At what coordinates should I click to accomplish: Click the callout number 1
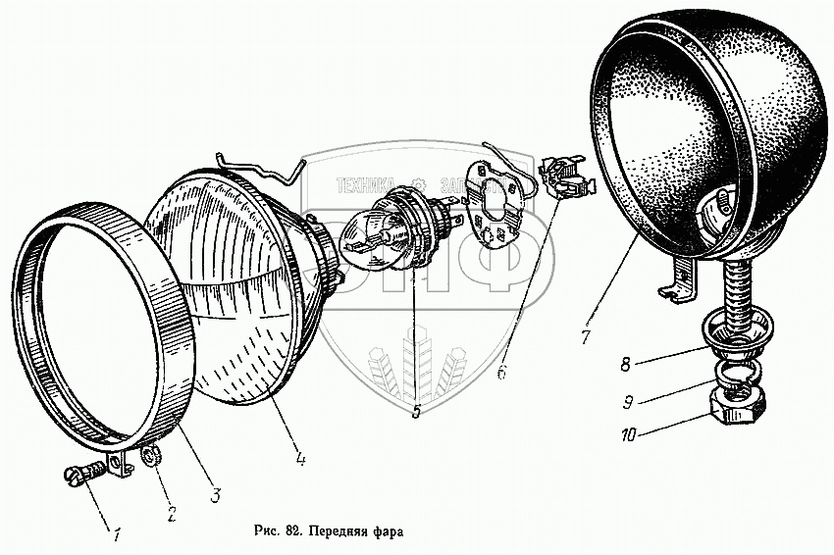point(117,535)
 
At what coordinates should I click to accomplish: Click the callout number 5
point(416,413)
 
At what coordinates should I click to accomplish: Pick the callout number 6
point(501,373)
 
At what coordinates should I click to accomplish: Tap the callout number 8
point(625,363)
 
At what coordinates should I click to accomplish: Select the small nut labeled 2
point(151,456)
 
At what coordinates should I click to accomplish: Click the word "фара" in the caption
point(386,534)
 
